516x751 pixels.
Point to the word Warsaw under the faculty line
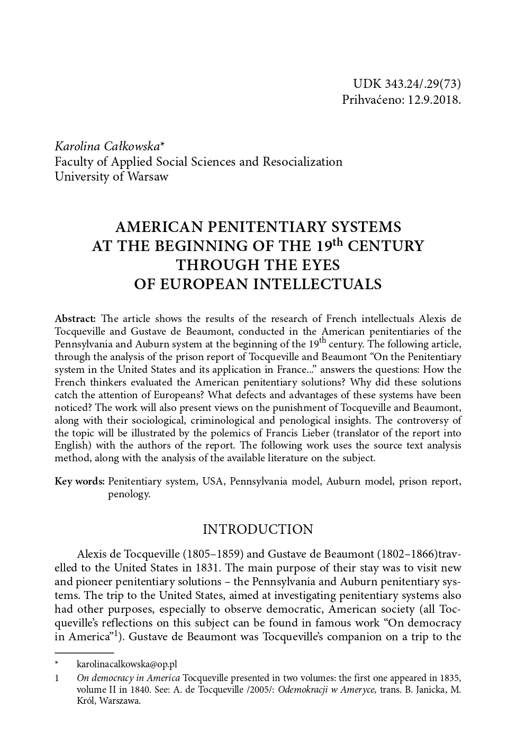148,176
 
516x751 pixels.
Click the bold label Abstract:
75,319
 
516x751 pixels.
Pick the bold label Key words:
79,481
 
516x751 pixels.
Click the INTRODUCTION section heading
258,529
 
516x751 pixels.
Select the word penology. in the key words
129,494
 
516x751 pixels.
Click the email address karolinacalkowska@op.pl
127,664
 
